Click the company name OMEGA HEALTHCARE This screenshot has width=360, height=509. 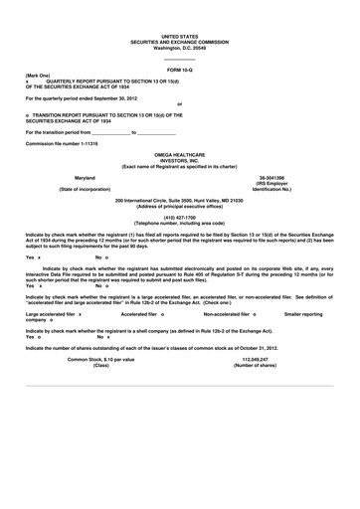tap(180, 153)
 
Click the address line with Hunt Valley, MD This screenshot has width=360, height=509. tap(180, 200)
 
